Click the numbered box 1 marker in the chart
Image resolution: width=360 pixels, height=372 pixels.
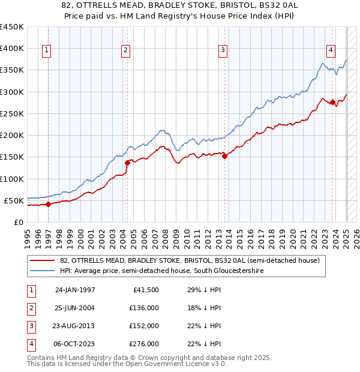pyautogui.click(x=47, y=51)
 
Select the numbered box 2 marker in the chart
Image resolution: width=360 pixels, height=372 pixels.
pyautogui.click(x=126, y=51)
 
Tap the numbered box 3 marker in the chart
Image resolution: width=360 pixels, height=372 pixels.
pyautogui.click(x=223, y=51)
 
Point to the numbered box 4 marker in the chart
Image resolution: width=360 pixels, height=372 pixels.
pyautogui.click(x=331, y=51)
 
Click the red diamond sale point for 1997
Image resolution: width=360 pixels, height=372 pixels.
pyautogui.click(x=49, y=204)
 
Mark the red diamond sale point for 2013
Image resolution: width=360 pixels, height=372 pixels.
pyautogui.click(x=225, y=156)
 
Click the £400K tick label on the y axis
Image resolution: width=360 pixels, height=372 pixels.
pyautogui.click(x=12, y=49)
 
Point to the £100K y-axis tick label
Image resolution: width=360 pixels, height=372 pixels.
pyautogui.click(x=12, y=179)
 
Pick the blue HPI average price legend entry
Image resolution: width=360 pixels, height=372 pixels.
pyautogui.click(x=162, y=271)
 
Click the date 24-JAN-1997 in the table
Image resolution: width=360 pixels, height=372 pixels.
pyautogui.click(x=75, y=290)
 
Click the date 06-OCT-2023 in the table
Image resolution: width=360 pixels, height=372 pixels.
pyautogui.click(x=75, y=344)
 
